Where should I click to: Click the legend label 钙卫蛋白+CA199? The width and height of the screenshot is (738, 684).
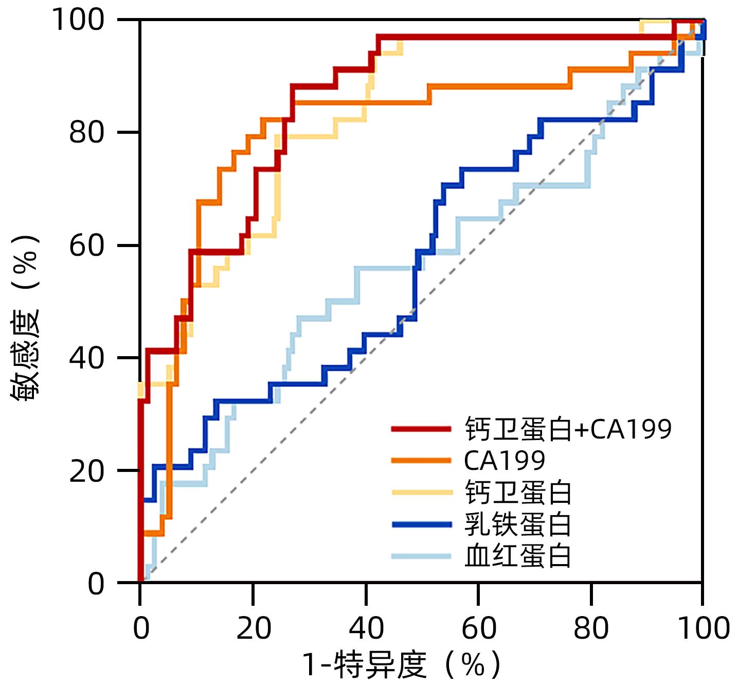tap(568, 429)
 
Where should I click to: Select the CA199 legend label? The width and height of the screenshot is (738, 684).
tap(504, 461)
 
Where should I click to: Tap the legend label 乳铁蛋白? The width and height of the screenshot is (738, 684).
tap(518, 524)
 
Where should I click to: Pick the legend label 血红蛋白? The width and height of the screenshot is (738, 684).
tap(518, 556)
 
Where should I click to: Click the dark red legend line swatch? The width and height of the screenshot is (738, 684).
tap(421, 429)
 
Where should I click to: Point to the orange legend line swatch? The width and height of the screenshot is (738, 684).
tap(421, 461)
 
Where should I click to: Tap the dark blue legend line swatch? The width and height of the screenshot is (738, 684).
tap(421, 524)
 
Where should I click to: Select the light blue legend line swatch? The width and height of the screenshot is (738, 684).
tap(421, 556)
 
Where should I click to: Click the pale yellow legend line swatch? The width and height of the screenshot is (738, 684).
tap(421, 493)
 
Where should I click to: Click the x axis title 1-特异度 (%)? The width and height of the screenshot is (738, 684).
tap(400, 665)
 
